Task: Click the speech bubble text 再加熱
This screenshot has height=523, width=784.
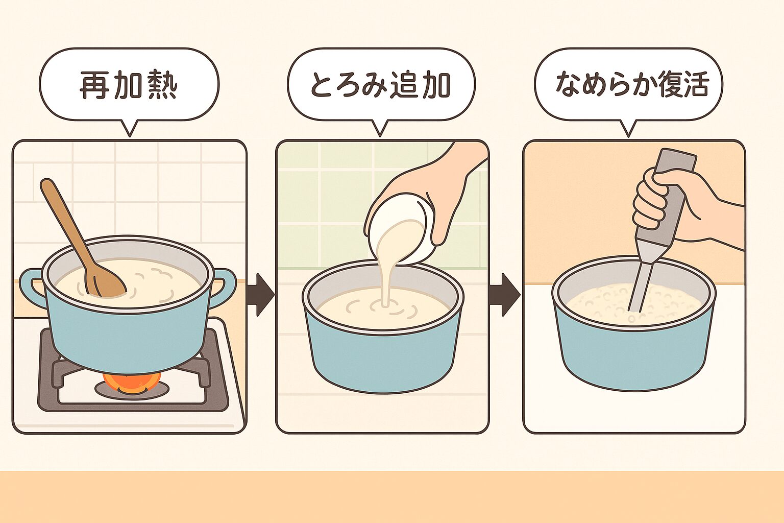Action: click(129, 85)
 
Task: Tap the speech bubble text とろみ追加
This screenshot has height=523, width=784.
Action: click(381, 85)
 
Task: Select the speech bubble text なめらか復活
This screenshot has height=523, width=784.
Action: click(632, 85)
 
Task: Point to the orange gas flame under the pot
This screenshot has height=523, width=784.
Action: click(132, 383)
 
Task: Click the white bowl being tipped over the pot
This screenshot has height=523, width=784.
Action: click(401, 228)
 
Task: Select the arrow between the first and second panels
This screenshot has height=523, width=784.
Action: click(260, 295)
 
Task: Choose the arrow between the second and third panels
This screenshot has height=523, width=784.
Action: click(504, 295)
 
